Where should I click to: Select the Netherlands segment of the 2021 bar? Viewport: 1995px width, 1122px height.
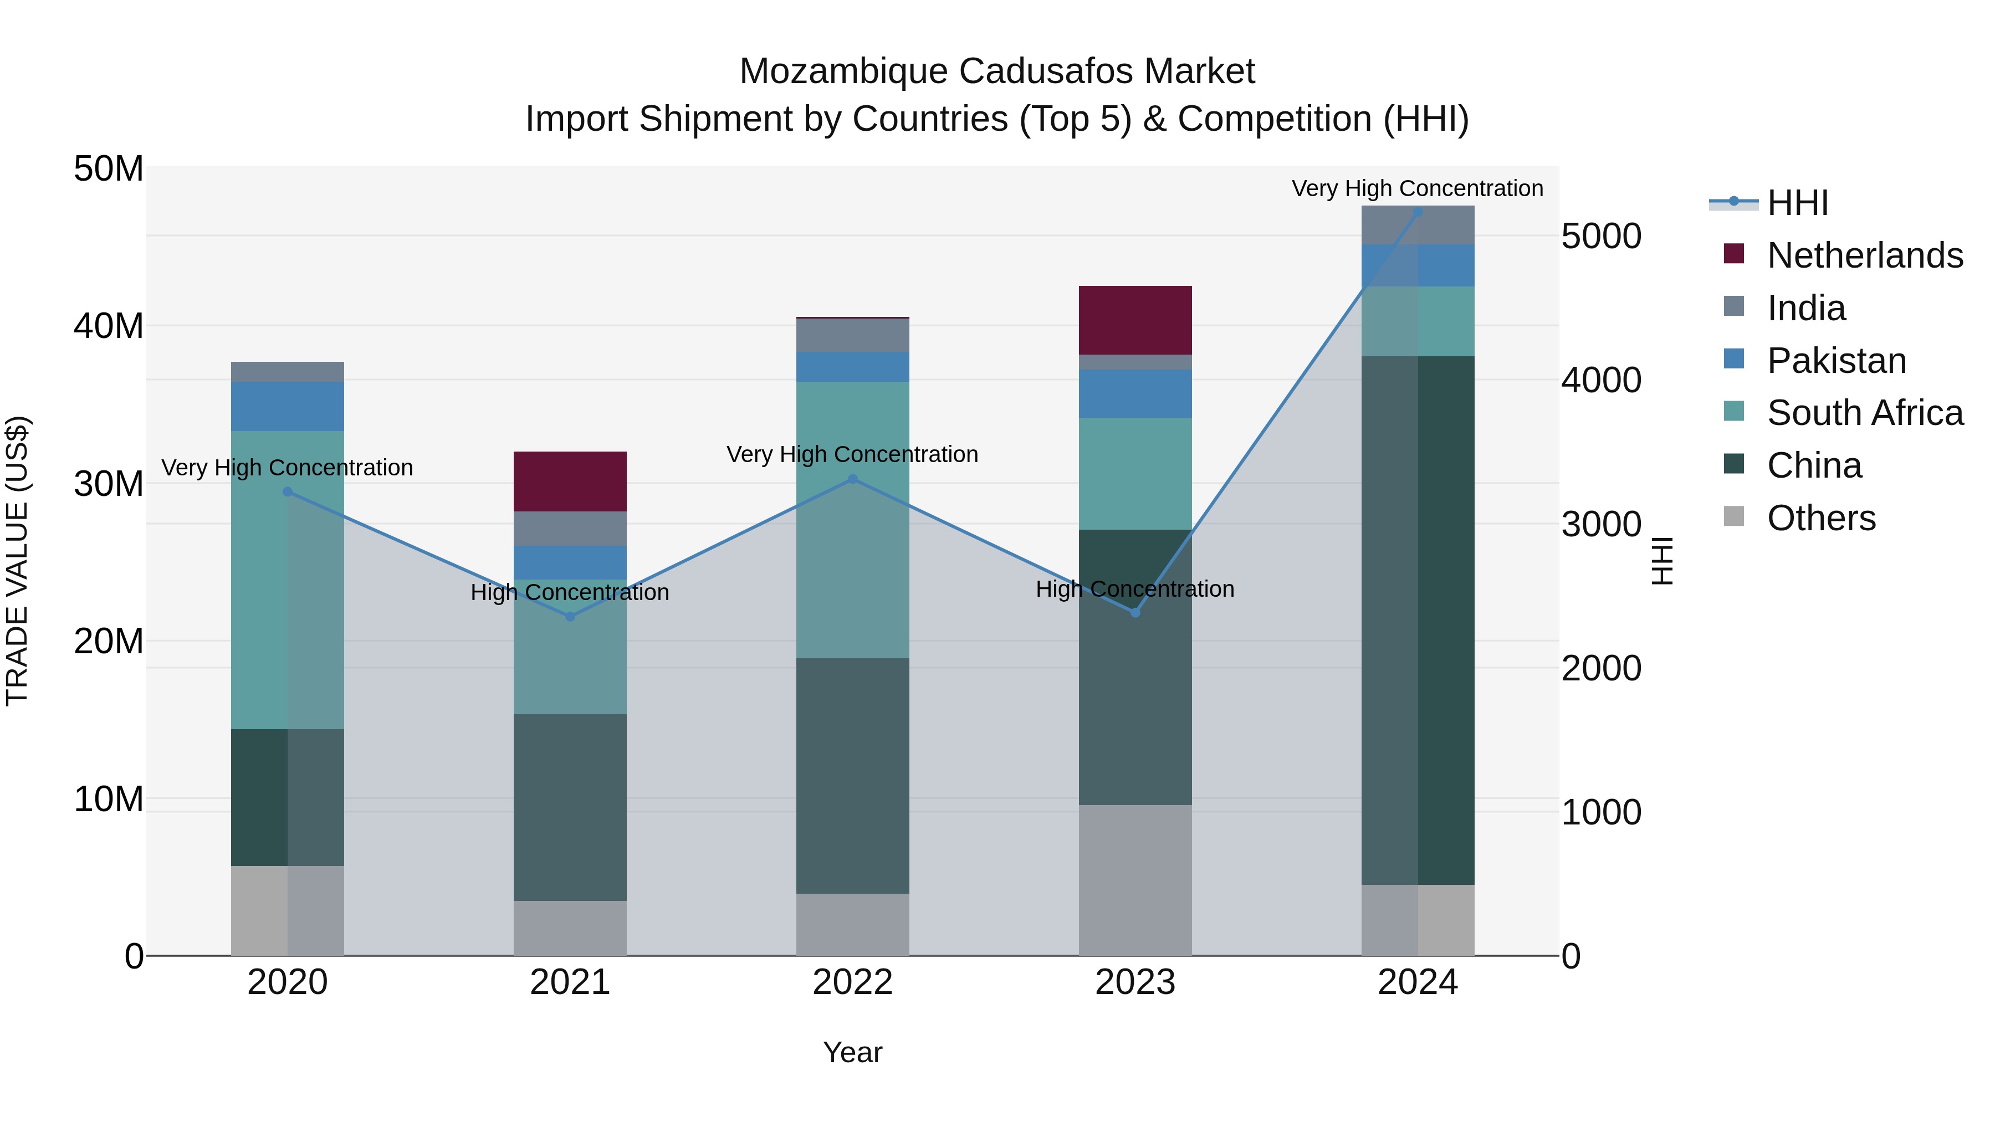[x=570, y=481]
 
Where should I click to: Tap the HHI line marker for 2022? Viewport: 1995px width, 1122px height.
[x=853, y=479]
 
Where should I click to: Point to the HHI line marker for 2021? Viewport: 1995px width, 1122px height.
[x=570, y=616]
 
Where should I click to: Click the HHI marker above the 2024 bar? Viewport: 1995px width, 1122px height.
[x=1418, y=212]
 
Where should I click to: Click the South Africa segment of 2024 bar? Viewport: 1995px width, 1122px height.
[x=1418, y=321]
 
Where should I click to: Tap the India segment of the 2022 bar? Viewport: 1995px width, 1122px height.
[x=853, y=335]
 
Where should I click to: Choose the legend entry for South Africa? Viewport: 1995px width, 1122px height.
[x=1864, y=413]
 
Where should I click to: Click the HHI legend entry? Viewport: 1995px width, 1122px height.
[x=1797, y=203]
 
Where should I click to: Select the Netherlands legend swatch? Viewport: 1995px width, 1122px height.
[x=1734, y=254]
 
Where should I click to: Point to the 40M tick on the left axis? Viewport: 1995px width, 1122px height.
[x=109, y=326]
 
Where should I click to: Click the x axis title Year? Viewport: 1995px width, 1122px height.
[x=853, y=1052]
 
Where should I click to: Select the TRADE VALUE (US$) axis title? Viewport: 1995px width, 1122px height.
[x=17, y=561]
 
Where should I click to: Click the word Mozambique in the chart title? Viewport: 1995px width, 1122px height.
[x=843, y=71]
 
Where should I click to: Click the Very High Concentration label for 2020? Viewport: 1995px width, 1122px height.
[x=287, y=468]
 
